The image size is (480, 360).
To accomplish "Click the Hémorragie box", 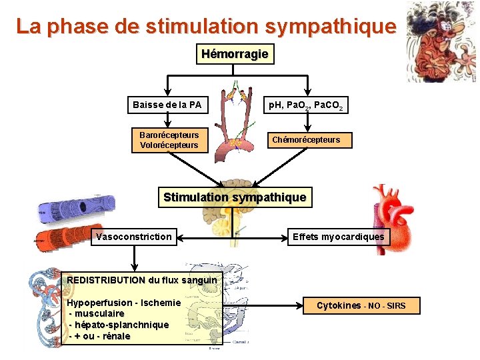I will click(235, 54).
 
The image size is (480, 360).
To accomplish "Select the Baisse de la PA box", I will click(167, 105).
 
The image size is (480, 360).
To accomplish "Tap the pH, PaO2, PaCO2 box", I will click(305, 105).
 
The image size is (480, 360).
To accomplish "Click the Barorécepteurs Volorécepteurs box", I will click(169, 140).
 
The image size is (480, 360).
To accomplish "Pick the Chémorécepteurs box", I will click(305, 140).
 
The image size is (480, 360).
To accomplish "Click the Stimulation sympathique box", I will click(235, 197).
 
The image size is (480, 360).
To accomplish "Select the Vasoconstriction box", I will click(134, 237).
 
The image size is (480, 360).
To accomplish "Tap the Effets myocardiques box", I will click(338, 237).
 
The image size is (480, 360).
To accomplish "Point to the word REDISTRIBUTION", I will click(106, 280).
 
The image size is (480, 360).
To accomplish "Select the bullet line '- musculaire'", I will click(97, 313).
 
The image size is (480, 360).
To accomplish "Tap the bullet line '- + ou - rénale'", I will click(100, 336).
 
